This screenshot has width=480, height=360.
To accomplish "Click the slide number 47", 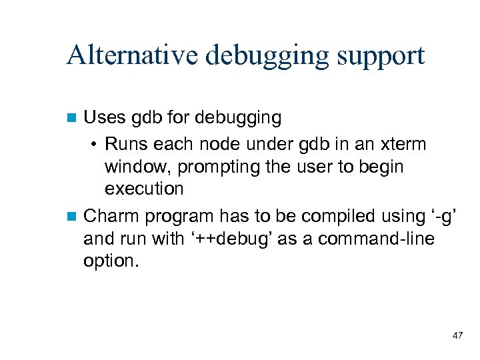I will pos(457,335).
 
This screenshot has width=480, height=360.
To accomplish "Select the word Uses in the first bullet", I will pos(103,119).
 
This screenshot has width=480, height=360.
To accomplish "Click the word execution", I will pos(144,189).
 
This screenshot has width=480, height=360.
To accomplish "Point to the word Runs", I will pos(127,144).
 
